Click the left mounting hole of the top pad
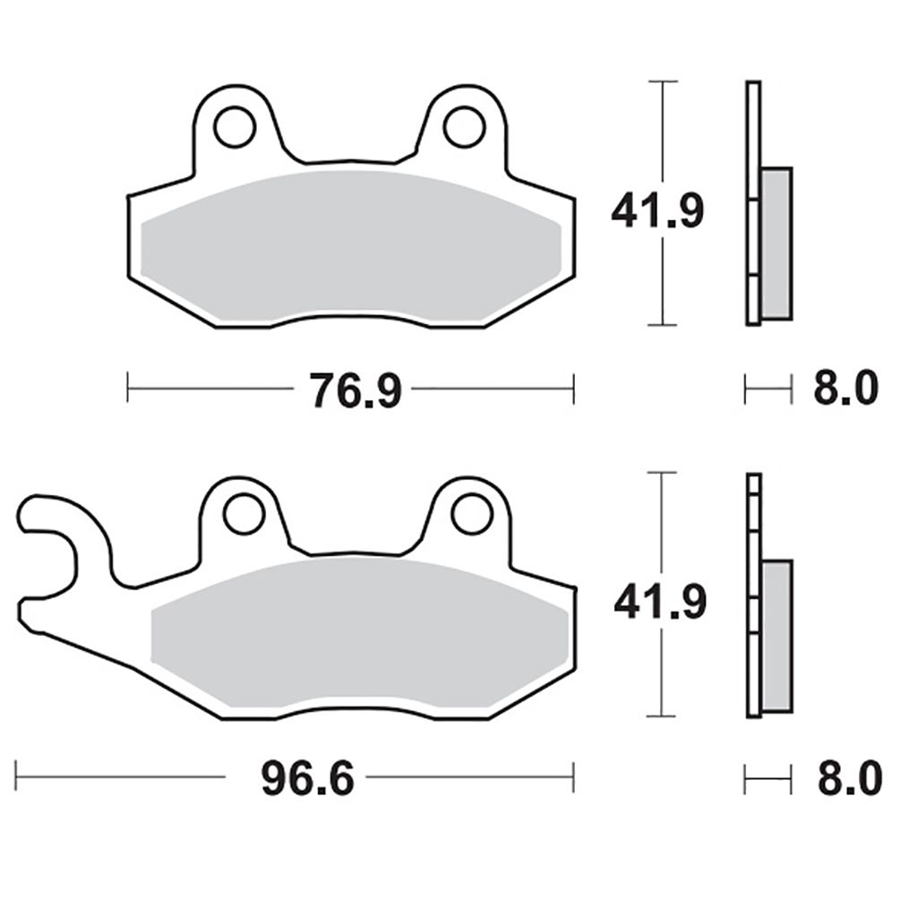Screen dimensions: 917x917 (236, 126)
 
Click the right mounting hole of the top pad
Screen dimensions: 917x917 (465, 126)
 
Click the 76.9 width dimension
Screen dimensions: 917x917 (356, 391)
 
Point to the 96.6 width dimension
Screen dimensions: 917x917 (308, 779)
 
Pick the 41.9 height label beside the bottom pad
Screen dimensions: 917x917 (660, 602)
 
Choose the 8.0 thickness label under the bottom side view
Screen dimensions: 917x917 (850, 779)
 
